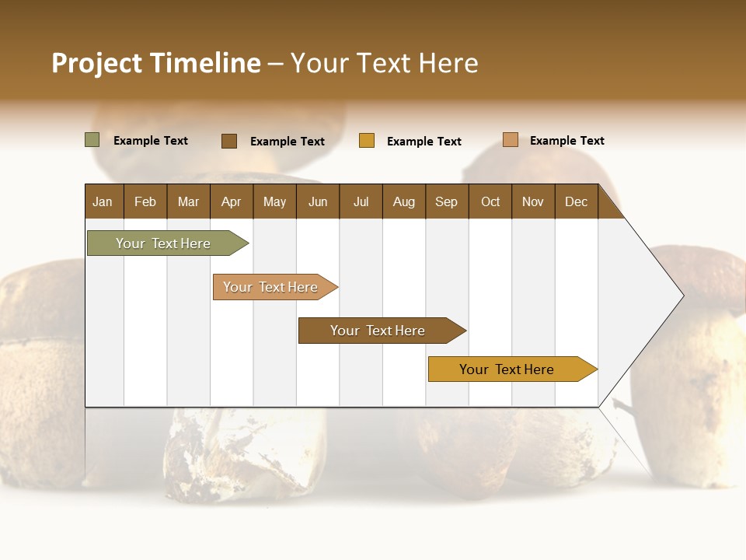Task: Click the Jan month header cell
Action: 103,201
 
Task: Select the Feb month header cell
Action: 145,201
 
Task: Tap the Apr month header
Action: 232,201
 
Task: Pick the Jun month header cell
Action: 318,201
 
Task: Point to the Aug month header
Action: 404,201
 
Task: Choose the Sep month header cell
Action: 447,201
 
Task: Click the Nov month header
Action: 533,201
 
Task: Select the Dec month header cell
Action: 577,201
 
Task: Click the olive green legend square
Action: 92,140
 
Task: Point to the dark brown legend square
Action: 229,141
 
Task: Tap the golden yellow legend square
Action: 367,141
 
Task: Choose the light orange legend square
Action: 511,140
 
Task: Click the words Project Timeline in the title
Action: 156,63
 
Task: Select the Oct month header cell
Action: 490,201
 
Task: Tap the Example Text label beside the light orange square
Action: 566,141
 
